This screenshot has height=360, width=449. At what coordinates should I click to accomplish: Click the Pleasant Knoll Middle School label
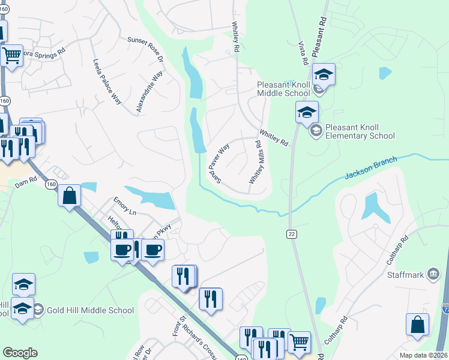tap(283, 89)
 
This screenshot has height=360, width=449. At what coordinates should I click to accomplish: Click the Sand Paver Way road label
tap(219, 163)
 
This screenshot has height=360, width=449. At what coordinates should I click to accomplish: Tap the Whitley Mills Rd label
tap(256, 163)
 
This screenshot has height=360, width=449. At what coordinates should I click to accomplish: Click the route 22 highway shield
tap(291, 233)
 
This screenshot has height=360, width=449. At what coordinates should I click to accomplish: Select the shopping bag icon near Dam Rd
tap(70, 195)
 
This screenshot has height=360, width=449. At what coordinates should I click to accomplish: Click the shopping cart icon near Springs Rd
tap(11, 56)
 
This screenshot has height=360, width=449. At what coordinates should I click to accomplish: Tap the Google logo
tap(20, 353)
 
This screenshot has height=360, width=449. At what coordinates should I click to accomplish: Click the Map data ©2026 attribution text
tap(423, 355)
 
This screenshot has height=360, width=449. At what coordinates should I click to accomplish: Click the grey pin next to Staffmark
tap(432, 275)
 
